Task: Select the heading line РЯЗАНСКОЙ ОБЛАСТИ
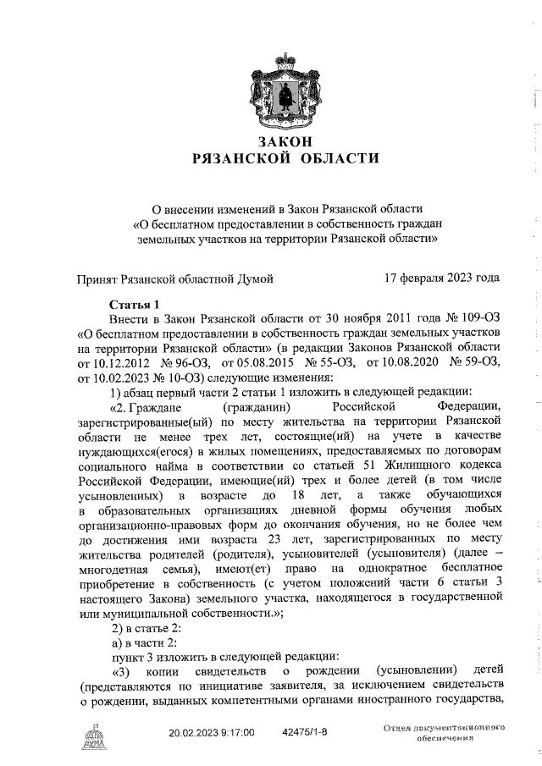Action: tap(285, 157)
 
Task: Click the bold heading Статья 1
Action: tap(135, 303)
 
